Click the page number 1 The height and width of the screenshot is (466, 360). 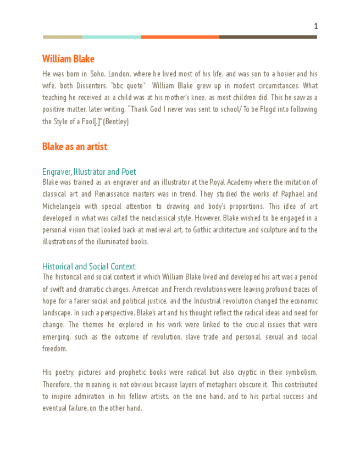click(x=316, y=26)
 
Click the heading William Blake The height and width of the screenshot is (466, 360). click(x=68, y=59)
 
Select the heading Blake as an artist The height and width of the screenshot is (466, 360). click(x=75, y=147)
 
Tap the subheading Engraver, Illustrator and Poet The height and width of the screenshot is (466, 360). click(x=89, y=172)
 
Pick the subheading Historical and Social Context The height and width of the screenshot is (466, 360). click(x=88, y=267)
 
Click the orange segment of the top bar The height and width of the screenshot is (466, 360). click(x=180, y=37)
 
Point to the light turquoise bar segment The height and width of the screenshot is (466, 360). click(x=112, y=37)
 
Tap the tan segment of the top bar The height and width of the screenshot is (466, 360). click(x=62, y=37)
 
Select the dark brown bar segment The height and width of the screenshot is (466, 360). click(x=268, y=37)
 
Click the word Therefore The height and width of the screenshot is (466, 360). click(x=57, y=385)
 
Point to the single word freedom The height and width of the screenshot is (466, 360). click(x=54, y=349)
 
